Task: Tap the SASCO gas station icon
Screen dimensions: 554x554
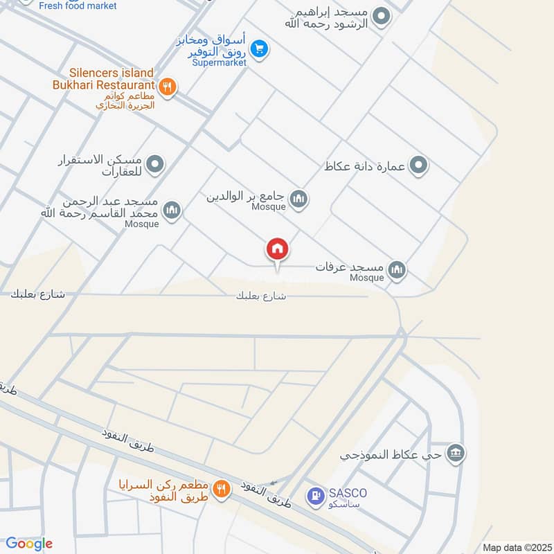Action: point(315,496)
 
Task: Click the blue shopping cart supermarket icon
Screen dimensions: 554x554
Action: point(259,48)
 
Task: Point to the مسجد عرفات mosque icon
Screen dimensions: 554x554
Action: point(397,269)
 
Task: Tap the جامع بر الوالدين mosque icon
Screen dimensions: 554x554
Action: point(298,199)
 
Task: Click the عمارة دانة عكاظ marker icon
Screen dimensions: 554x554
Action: point(418,166)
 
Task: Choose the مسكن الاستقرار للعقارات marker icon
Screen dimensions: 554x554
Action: point(157,165)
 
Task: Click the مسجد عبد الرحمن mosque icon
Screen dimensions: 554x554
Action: point(172,209)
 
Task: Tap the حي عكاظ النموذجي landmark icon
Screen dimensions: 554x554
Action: point(456,454)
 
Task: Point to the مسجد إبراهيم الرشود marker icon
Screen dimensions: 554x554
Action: point(380,15)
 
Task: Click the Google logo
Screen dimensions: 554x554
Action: point(29,544)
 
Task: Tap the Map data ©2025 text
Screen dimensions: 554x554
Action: point(515,547)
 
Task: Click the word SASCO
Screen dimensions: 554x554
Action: point(348,493)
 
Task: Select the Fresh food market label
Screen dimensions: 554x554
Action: point(78,6)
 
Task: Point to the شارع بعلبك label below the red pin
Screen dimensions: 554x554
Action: point(261,296)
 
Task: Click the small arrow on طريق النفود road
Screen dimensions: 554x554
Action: point(276,482)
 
